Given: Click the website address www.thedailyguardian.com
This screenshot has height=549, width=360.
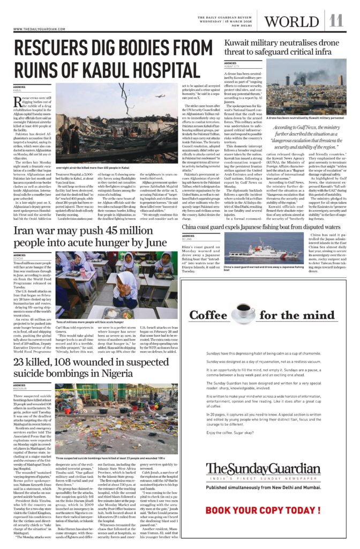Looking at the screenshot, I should tap(40, 29).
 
